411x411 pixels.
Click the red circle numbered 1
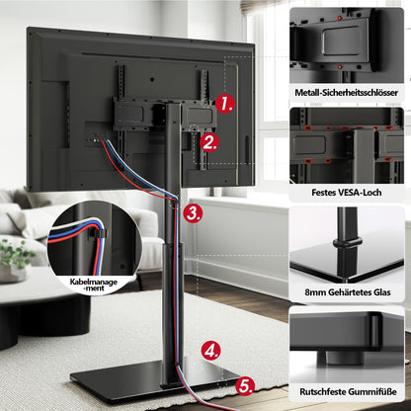coord(225,104)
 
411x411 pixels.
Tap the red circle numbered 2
coord(209,143)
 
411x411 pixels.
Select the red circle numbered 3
coord(193,213)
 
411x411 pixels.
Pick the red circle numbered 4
coord(210,351)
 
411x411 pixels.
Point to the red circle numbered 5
coord(245,385)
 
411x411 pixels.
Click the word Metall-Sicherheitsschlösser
coord(347,93)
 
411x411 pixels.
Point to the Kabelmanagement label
coord(94,285)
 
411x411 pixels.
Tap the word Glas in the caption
coord(382,292)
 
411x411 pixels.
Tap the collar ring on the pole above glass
coord(347,244)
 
